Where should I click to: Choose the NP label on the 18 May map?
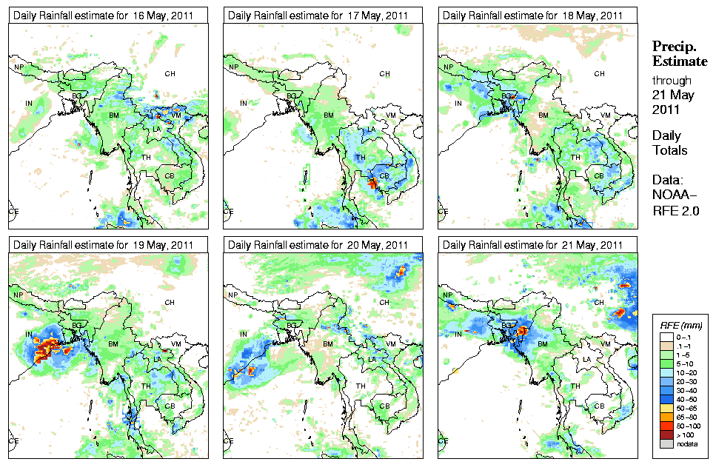tap(449, 67)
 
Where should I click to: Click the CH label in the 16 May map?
tap(170, 73)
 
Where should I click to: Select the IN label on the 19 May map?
tap(29, 335)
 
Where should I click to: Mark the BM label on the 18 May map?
tap(543, 115)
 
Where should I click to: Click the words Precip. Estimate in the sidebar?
tap(679, 53)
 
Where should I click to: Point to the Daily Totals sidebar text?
tap(669, 144)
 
